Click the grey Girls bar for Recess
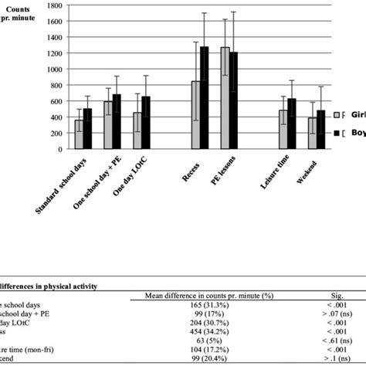point(196,114)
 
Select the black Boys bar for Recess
point(204,97)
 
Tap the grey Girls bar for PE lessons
point(225,97)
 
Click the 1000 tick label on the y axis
point(53,68)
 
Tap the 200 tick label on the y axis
point(55,132)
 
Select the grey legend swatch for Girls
point(338,116)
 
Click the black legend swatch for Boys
point(338,134)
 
